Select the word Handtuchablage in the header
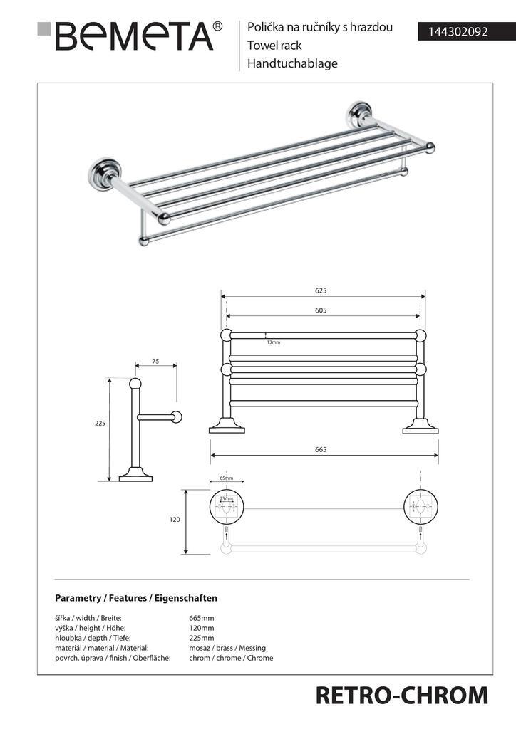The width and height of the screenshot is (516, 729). pos(292,63)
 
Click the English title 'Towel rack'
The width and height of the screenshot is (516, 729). pos(274,46)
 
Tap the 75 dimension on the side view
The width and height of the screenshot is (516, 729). pos(155,362)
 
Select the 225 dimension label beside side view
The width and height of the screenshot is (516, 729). pos(100,423)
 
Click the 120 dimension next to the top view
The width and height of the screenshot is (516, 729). pos(175,520)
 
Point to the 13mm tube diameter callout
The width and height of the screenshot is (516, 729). pos(274,343)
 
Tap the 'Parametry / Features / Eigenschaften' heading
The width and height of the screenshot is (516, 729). pos(136,598)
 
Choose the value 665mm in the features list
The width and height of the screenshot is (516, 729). pos(202,618)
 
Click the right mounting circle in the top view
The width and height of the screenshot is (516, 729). pos(419,507)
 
